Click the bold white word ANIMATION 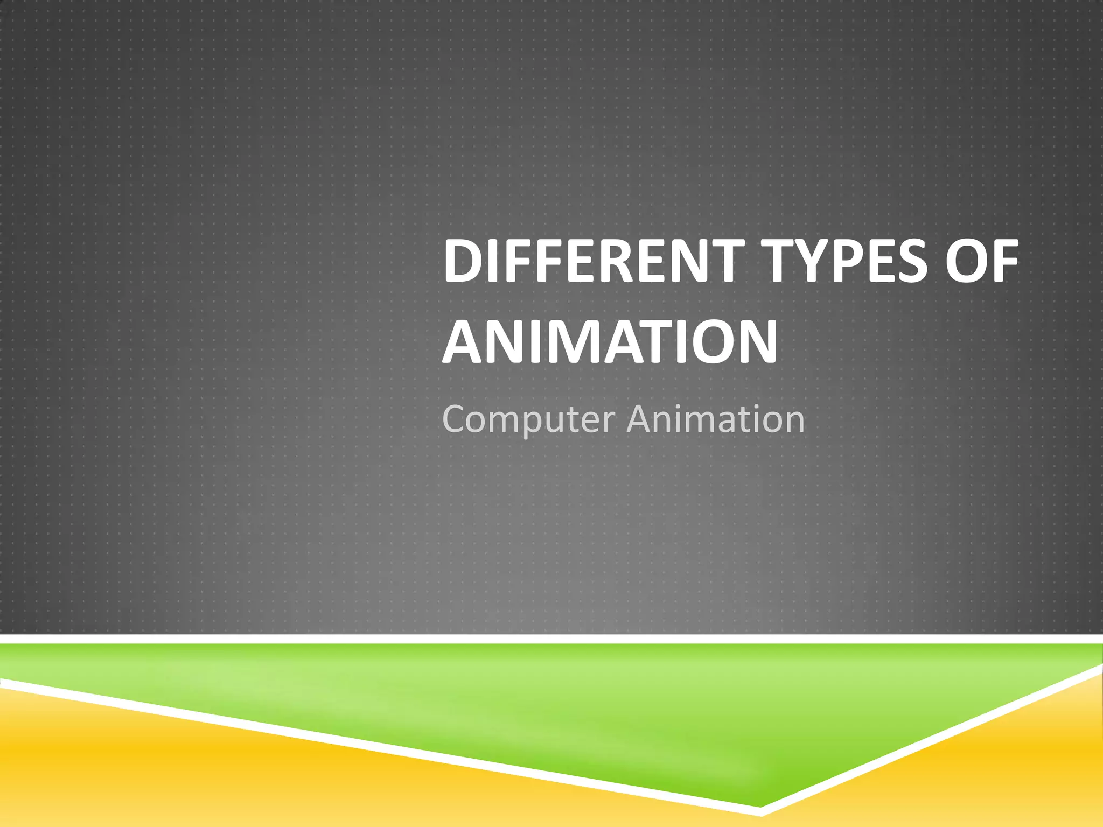tap(610, 342)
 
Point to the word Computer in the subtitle tap(526, 419)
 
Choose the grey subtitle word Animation tap(716, 418)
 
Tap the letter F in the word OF tap(1004, 262)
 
